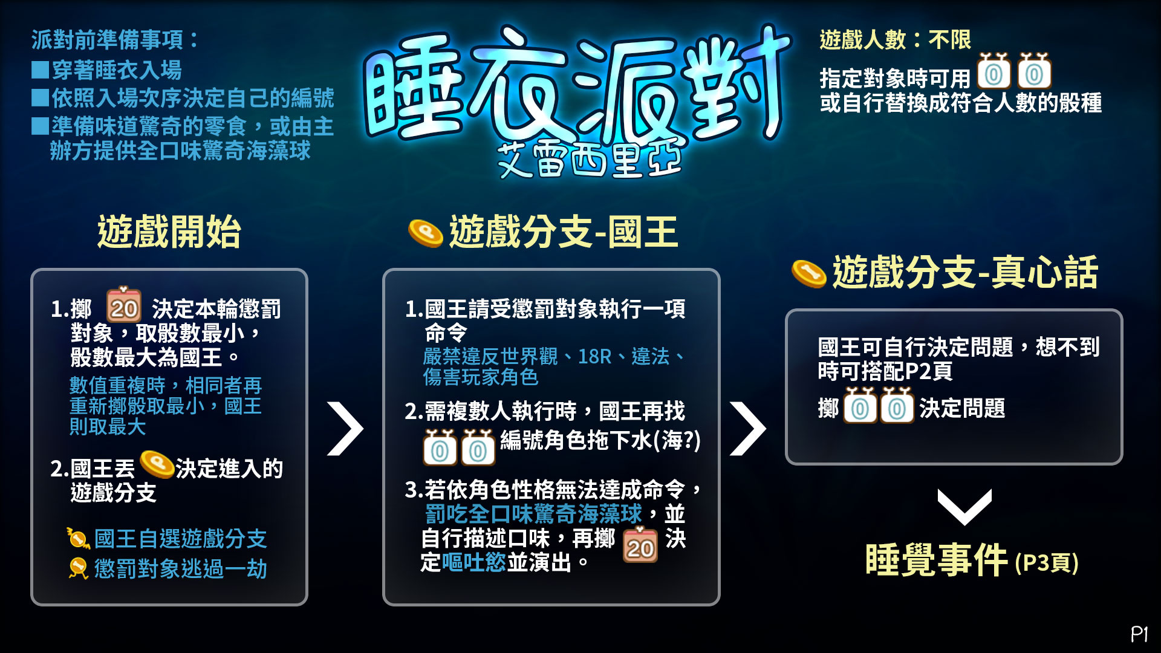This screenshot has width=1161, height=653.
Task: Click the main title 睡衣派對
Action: click(577, 85)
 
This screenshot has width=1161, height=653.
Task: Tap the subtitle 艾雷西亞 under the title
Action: click(590, 160)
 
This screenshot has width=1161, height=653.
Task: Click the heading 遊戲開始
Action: click(169, 232)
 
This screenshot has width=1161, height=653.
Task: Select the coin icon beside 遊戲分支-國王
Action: click(426, 233)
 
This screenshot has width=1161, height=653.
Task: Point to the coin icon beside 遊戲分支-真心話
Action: click(809, 274)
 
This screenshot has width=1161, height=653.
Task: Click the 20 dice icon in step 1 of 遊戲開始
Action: click(124, 305)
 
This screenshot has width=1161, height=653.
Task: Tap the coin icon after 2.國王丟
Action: click(157, 465)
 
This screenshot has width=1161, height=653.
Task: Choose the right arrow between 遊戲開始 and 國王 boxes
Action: click(345, 428)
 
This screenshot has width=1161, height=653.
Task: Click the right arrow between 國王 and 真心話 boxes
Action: click(748, 428)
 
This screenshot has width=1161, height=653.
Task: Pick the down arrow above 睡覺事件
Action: click(964, 507)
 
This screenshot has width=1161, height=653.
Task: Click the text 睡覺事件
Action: click(936, 560)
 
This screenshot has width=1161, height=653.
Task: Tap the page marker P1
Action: click(1139, 634)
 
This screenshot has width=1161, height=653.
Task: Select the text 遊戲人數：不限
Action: click(895, 40)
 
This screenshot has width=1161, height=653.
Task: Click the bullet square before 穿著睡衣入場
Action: click(41, 70)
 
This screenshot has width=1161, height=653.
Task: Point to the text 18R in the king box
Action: click(594, 356)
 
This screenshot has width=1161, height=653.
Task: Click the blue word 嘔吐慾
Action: click(474, 562)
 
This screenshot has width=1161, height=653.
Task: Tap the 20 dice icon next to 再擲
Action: click(640, 545)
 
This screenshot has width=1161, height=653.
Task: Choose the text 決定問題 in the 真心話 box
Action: click(962, 408)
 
